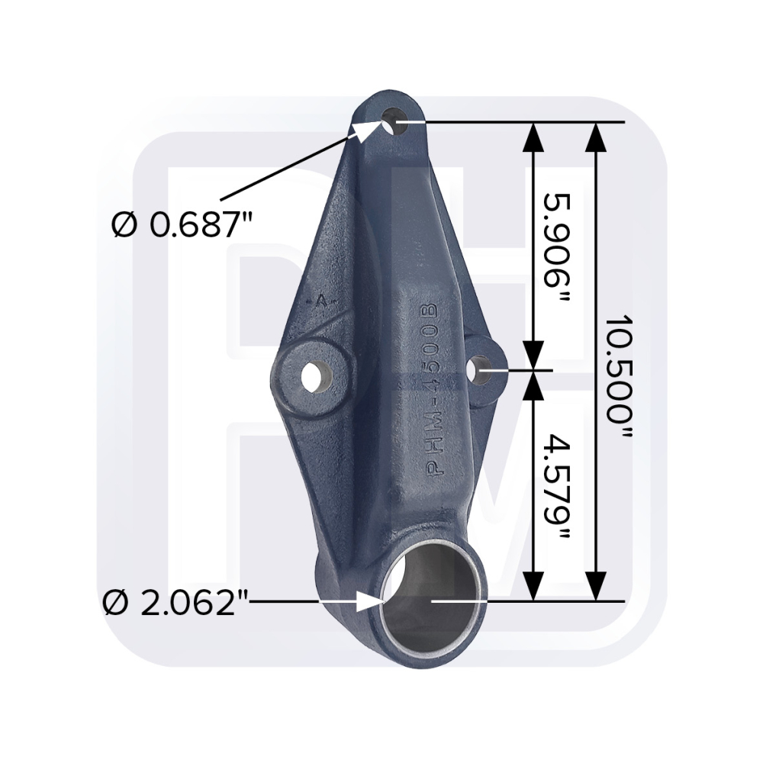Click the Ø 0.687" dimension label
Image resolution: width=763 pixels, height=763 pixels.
coord(183,225)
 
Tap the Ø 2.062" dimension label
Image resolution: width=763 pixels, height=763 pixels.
coord(176,603)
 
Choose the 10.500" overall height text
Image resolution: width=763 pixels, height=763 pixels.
coord(619,378)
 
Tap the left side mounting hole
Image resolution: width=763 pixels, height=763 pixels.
coord(317,376)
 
